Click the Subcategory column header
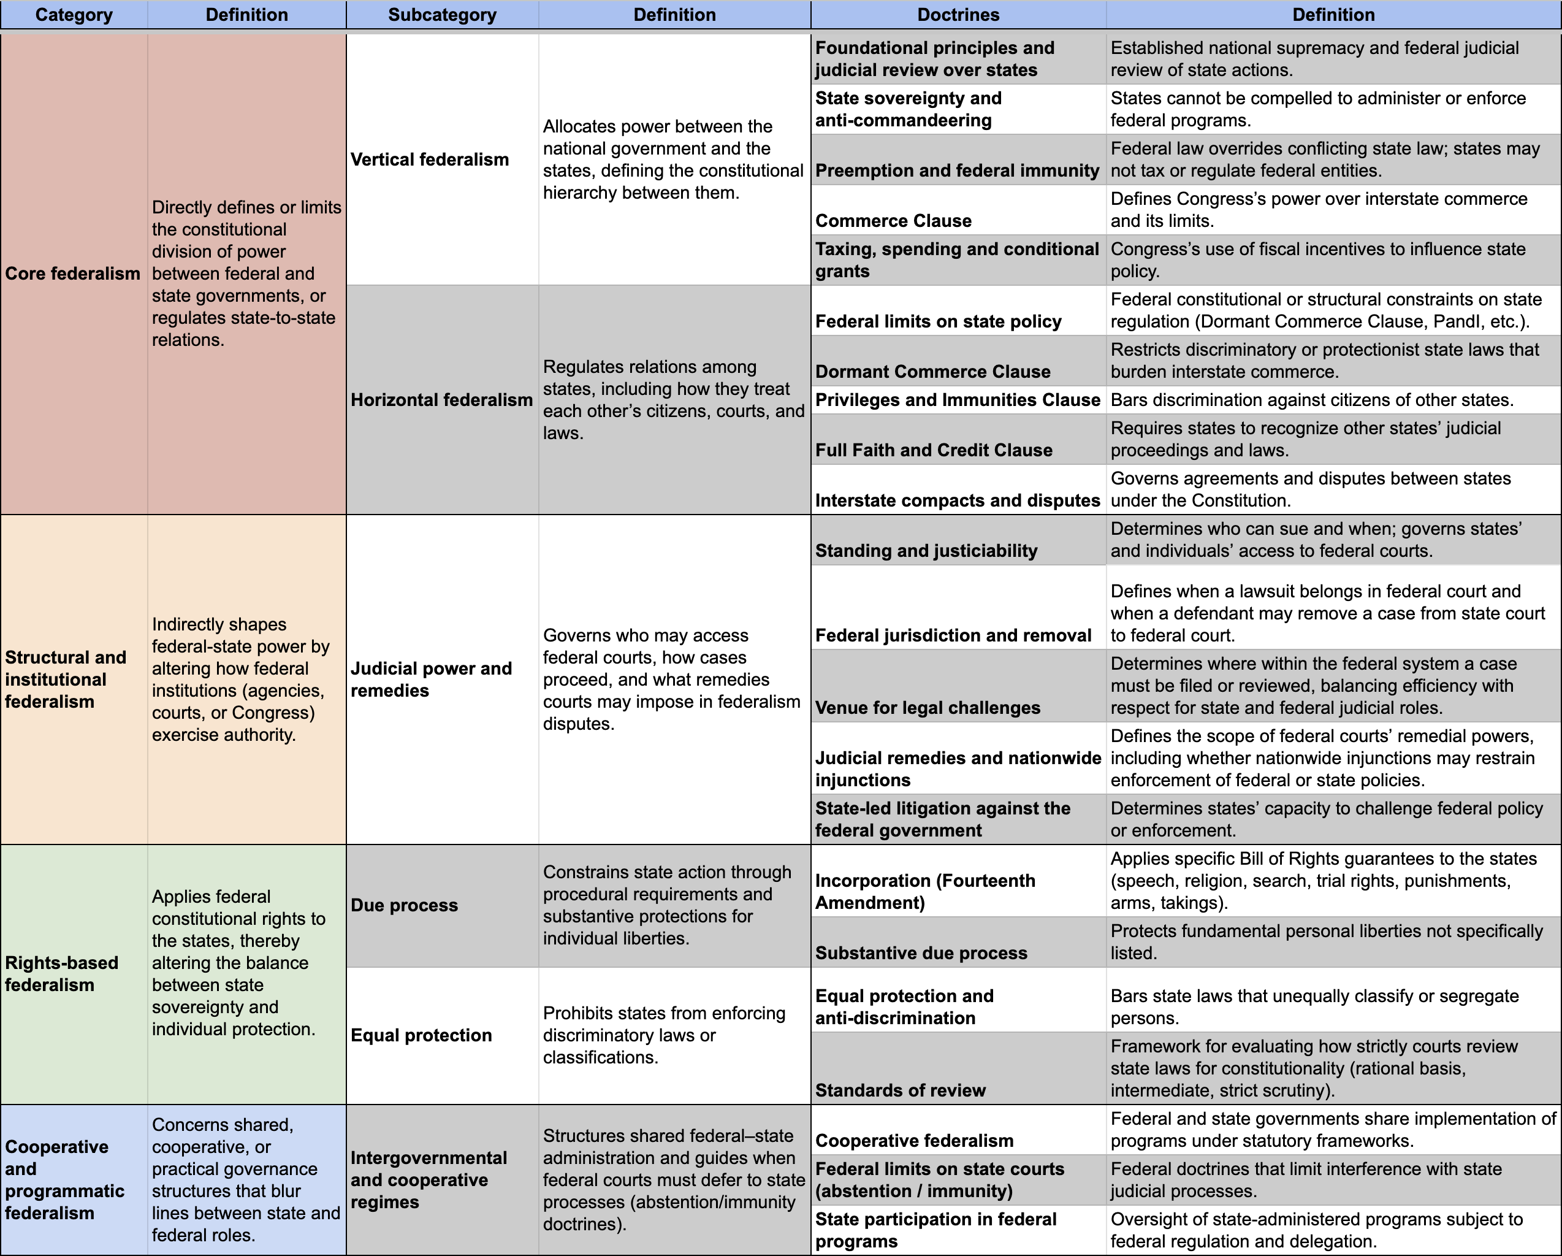(x=442, y=15)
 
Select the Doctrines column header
(x=958, y=15)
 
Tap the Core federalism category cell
(x=72, y=274)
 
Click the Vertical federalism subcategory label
(x=430, y=159)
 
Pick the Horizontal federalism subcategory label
(x=441, y=400)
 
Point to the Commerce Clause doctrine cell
(x=893, y=220)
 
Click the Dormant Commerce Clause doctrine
(x=932, y=372)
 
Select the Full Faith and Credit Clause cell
(x=933, y=450)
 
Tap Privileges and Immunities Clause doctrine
(x=957, y=400)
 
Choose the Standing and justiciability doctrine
(x=926, y=551)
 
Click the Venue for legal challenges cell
(x=928, y=707)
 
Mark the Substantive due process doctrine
(x=921, y=953)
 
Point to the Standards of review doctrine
(x=900, y=1090)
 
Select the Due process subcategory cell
(x=404, y=905)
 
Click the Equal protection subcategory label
(x=421, y=1035)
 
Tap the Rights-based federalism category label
(x=61, y=973)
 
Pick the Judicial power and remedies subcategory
(x=431, y=679)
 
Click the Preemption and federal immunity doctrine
(x=956, y=170)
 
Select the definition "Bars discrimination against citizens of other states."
(x=1311, y=400)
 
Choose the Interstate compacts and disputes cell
(x=957, y=500)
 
